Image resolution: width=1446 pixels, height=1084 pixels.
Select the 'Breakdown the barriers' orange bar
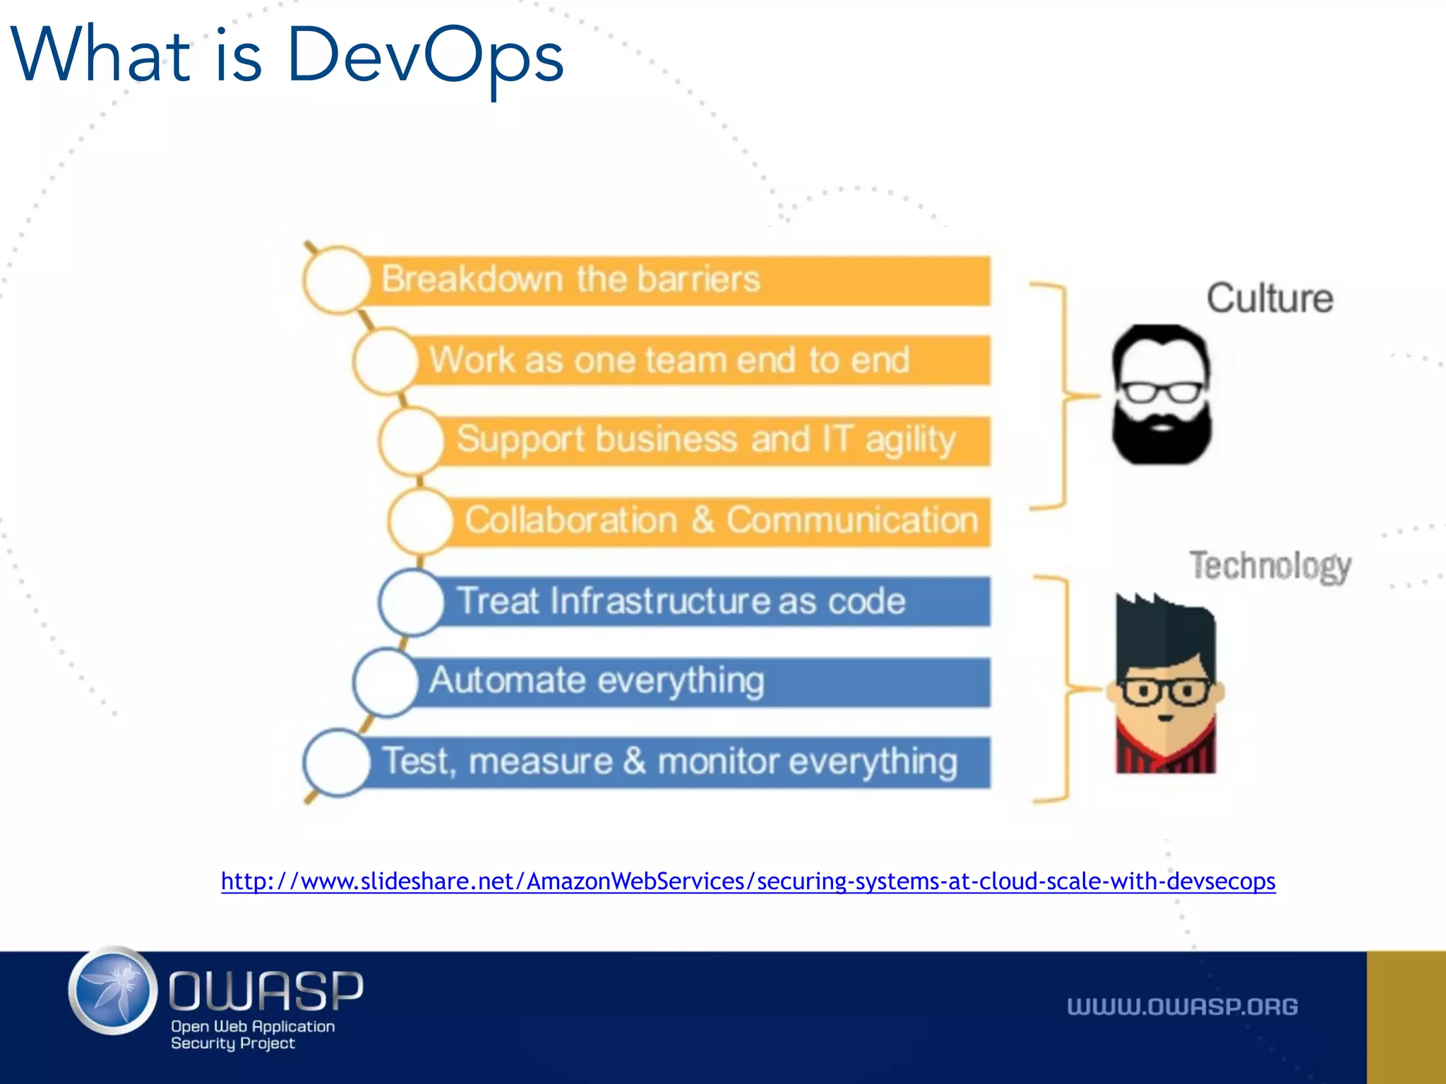pos(678,280)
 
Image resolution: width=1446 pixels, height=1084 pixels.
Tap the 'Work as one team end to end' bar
pos(699,360)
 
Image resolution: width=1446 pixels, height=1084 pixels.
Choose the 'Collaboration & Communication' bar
pos(720,521)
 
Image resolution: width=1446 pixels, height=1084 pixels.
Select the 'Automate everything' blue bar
pos(699,682)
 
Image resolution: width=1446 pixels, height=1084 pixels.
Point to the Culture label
pos(1269,298)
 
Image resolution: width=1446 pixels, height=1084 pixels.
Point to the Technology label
pos(1269,566)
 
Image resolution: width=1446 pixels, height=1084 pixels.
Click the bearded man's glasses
pos(1162,391)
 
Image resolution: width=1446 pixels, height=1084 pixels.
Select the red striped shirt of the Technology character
pos(1165,755)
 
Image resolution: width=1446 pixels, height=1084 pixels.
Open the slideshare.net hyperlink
pos(748,881)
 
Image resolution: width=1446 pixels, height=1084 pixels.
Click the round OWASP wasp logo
pos(113,991)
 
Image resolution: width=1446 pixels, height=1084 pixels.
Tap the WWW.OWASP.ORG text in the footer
pos(1182,1007)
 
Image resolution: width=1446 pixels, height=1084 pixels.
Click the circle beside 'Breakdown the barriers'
pos(337,280)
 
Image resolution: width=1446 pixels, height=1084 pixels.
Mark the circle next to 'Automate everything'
pos(386,682)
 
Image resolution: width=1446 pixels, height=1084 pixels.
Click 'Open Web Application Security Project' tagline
pos(251,1035)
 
